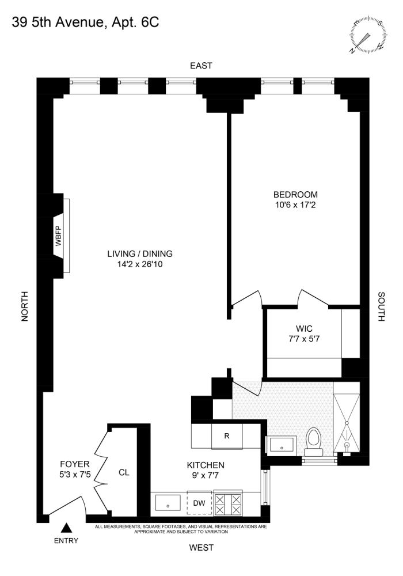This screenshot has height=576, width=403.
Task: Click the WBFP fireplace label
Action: click(x=58, y=236)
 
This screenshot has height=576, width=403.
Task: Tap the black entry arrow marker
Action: click(x=66, y=526)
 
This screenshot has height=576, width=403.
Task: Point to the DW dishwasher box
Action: click(x=199, y=503)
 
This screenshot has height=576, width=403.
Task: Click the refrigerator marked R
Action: click(x=227, y=436)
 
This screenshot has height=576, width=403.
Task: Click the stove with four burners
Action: click(x=228, y=503)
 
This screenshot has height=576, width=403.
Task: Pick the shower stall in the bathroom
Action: click(x=347, y=420)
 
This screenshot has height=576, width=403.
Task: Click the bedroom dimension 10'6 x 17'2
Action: click(x=295, y=205)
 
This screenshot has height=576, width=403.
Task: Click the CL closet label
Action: click(x=123, y=473)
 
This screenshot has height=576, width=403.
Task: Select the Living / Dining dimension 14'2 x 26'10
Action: click(x=140, y=264)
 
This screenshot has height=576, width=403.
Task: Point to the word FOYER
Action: click(x=75, y=464)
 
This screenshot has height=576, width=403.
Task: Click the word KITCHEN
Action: click(x=206, y=465)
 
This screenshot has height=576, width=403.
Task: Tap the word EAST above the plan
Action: click(x=201, y=66)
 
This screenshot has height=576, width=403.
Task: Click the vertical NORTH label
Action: click(x=25, y=305)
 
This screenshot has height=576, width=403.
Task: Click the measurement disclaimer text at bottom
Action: click(x=181, y=529)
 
